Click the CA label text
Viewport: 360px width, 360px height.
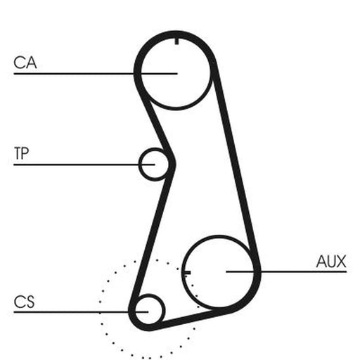(x=25, y=63)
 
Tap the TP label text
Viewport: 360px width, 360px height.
(x=21, y=153)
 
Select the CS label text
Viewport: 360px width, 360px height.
(x=24, y=302)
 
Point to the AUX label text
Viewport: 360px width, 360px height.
(x=331, y=262)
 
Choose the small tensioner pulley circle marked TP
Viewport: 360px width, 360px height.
(x=139, y=164)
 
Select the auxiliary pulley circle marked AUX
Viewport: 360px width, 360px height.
(x=183, y=272)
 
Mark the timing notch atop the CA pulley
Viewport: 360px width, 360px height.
(x=176, y=41)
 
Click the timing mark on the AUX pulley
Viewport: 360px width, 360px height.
(x=187, y=273)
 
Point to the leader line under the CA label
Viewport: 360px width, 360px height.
(x=96, y=74)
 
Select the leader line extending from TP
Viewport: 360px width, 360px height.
(x=84, y=165)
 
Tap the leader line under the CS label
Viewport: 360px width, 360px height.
(x=81, y=312)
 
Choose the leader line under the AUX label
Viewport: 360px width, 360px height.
(x=286, y=271)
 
